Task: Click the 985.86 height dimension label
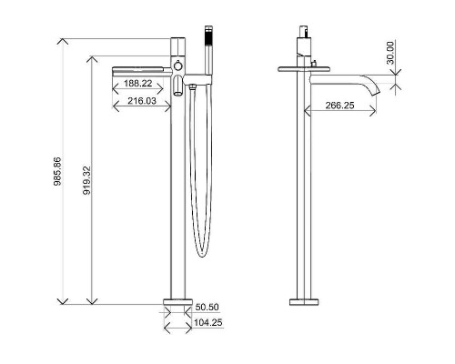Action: [57, 171]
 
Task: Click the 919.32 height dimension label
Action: [86, 180]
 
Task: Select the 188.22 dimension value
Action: [138, 83]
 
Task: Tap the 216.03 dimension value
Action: [142, 101]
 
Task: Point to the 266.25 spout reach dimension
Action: [339, 106]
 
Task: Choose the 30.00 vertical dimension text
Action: [390, 53]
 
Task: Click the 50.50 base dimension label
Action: [207, 307]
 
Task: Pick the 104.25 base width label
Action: [208, 322]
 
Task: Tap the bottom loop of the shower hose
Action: [202, 254]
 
